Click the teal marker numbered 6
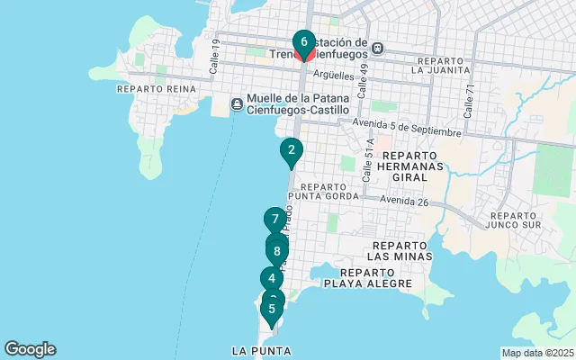point(304,42)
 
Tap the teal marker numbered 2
point(291,150)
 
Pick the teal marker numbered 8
point(277,250)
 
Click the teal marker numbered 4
point(271,279)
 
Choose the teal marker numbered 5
point(272,309)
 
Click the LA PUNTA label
point(261,350)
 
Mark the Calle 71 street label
point(468,100)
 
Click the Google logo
point(30,349)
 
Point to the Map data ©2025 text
point(536,353)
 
